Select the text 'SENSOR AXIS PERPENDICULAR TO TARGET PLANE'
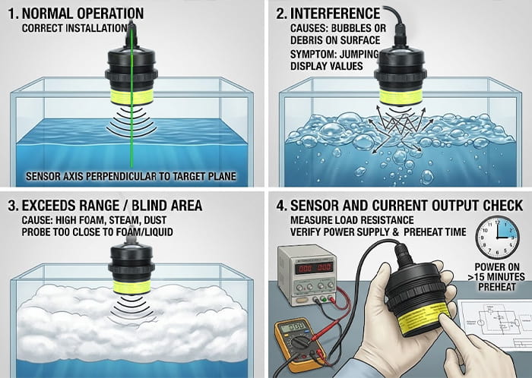(131, 176)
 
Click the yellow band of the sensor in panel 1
(131, 96)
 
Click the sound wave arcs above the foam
(131, 307)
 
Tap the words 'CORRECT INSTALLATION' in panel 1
(74, 28)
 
